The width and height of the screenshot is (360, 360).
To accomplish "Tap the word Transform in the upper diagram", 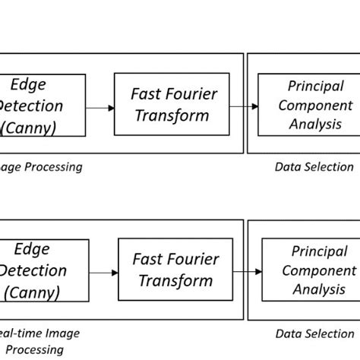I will click(x=170, y=116).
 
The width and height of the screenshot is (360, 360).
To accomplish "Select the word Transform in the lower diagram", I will click(x=175, y=281).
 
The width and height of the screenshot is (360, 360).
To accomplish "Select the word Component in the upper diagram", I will click(x=315, y=105).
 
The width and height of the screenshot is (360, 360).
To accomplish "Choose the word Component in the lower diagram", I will click(x=318, y=270).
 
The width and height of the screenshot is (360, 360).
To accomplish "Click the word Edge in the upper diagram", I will click(x=29, y=85).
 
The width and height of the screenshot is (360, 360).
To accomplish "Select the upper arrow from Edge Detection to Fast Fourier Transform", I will click(x=99, y=108).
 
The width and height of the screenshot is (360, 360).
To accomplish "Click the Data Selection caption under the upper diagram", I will click(x=314, y=167).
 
